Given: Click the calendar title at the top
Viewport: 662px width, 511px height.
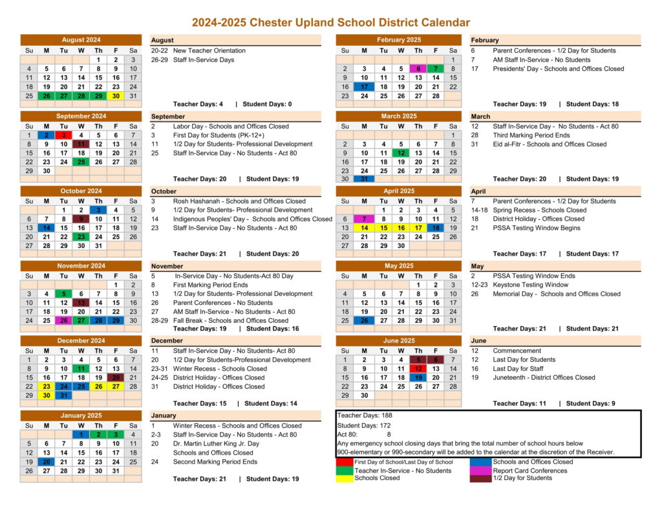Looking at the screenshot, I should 330,23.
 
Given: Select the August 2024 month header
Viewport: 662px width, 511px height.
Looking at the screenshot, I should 81,40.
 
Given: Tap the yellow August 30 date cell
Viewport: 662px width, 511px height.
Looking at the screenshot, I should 116,96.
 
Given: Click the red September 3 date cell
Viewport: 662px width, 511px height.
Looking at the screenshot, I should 63,135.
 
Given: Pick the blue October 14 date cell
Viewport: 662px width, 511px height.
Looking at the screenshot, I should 46,228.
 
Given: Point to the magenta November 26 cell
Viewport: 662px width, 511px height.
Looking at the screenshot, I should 63,320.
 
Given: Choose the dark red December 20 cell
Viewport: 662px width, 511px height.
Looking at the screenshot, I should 116,378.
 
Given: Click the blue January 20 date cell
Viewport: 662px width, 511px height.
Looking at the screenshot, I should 46,462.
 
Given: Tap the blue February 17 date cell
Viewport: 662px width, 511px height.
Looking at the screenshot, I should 364,87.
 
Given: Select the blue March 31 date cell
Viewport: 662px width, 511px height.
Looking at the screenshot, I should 364,179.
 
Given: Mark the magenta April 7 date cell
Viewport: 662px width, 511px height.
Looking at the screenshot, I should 364,219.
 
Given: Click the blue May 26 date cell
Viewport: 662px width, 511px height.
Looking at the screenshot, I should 364,320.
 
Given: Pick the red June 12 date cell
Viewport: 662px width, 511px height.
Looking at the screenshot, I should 418,369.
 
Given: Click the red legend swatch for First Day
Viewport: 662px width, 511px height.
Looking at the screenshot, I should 345,462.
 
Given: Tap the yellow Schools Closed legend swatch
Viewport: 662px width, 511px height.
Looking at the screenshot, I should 345,479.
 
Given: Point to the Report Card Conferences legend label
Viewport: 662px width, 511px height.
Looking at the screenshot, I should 529,470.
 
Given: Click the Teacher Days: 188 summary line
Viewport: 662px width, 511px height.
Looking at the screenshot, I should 365,415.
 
